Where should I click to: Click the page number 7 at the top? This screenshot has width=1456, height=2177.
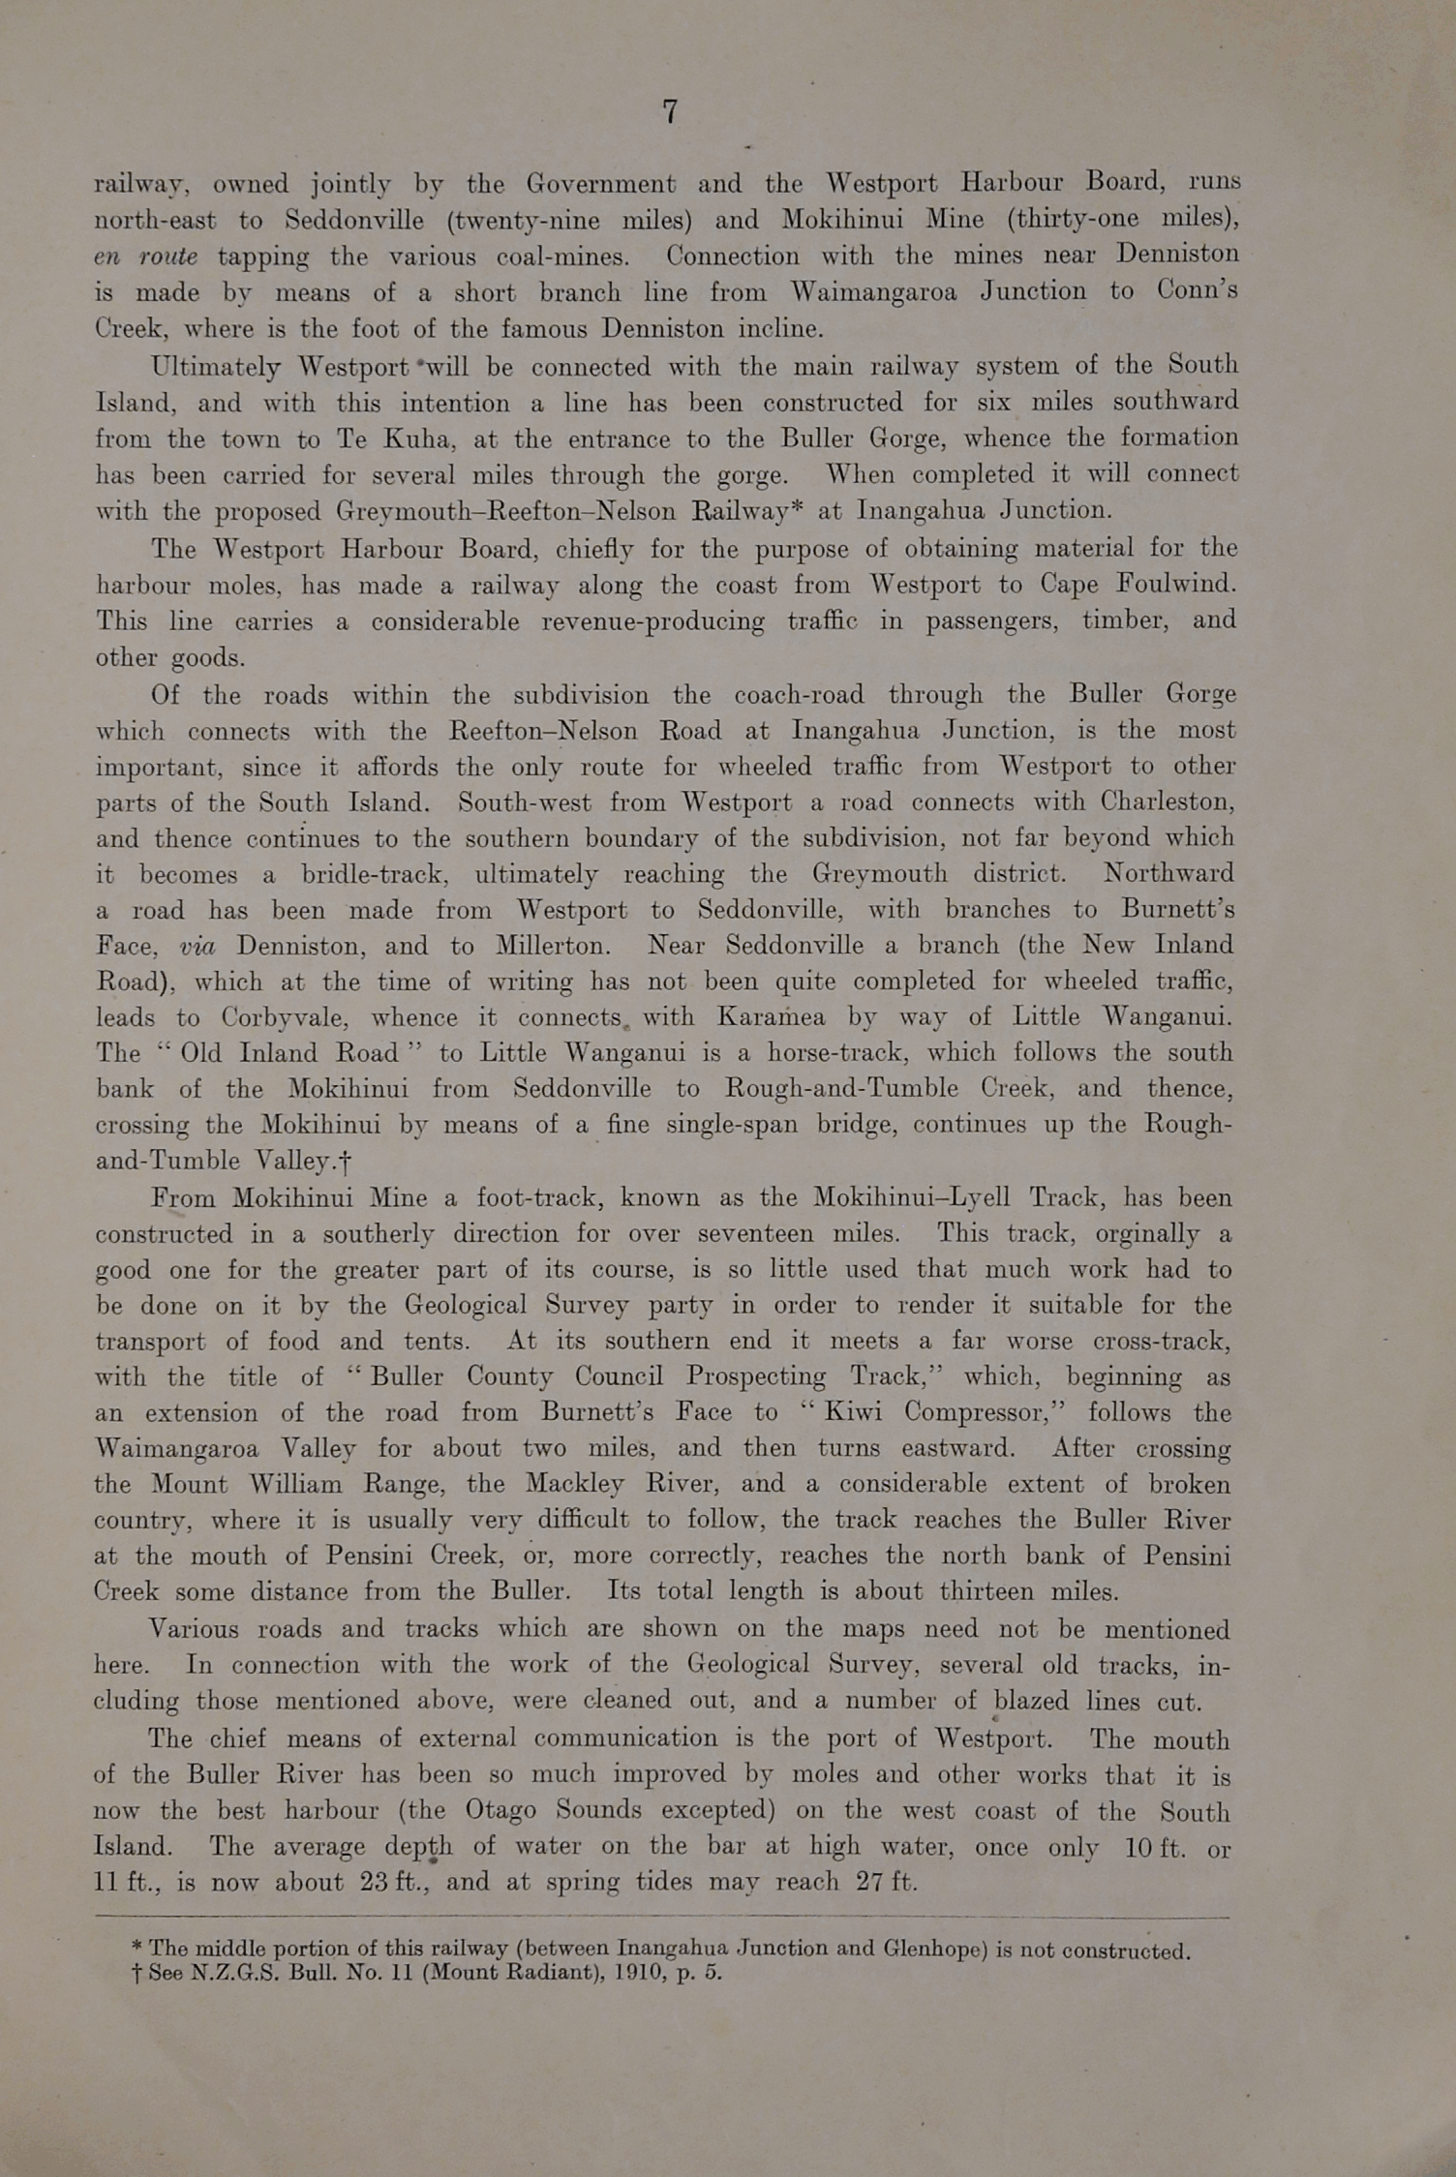coord(670,112)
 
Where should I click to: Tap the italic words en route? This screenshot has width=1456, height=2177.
coord(146,257)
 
